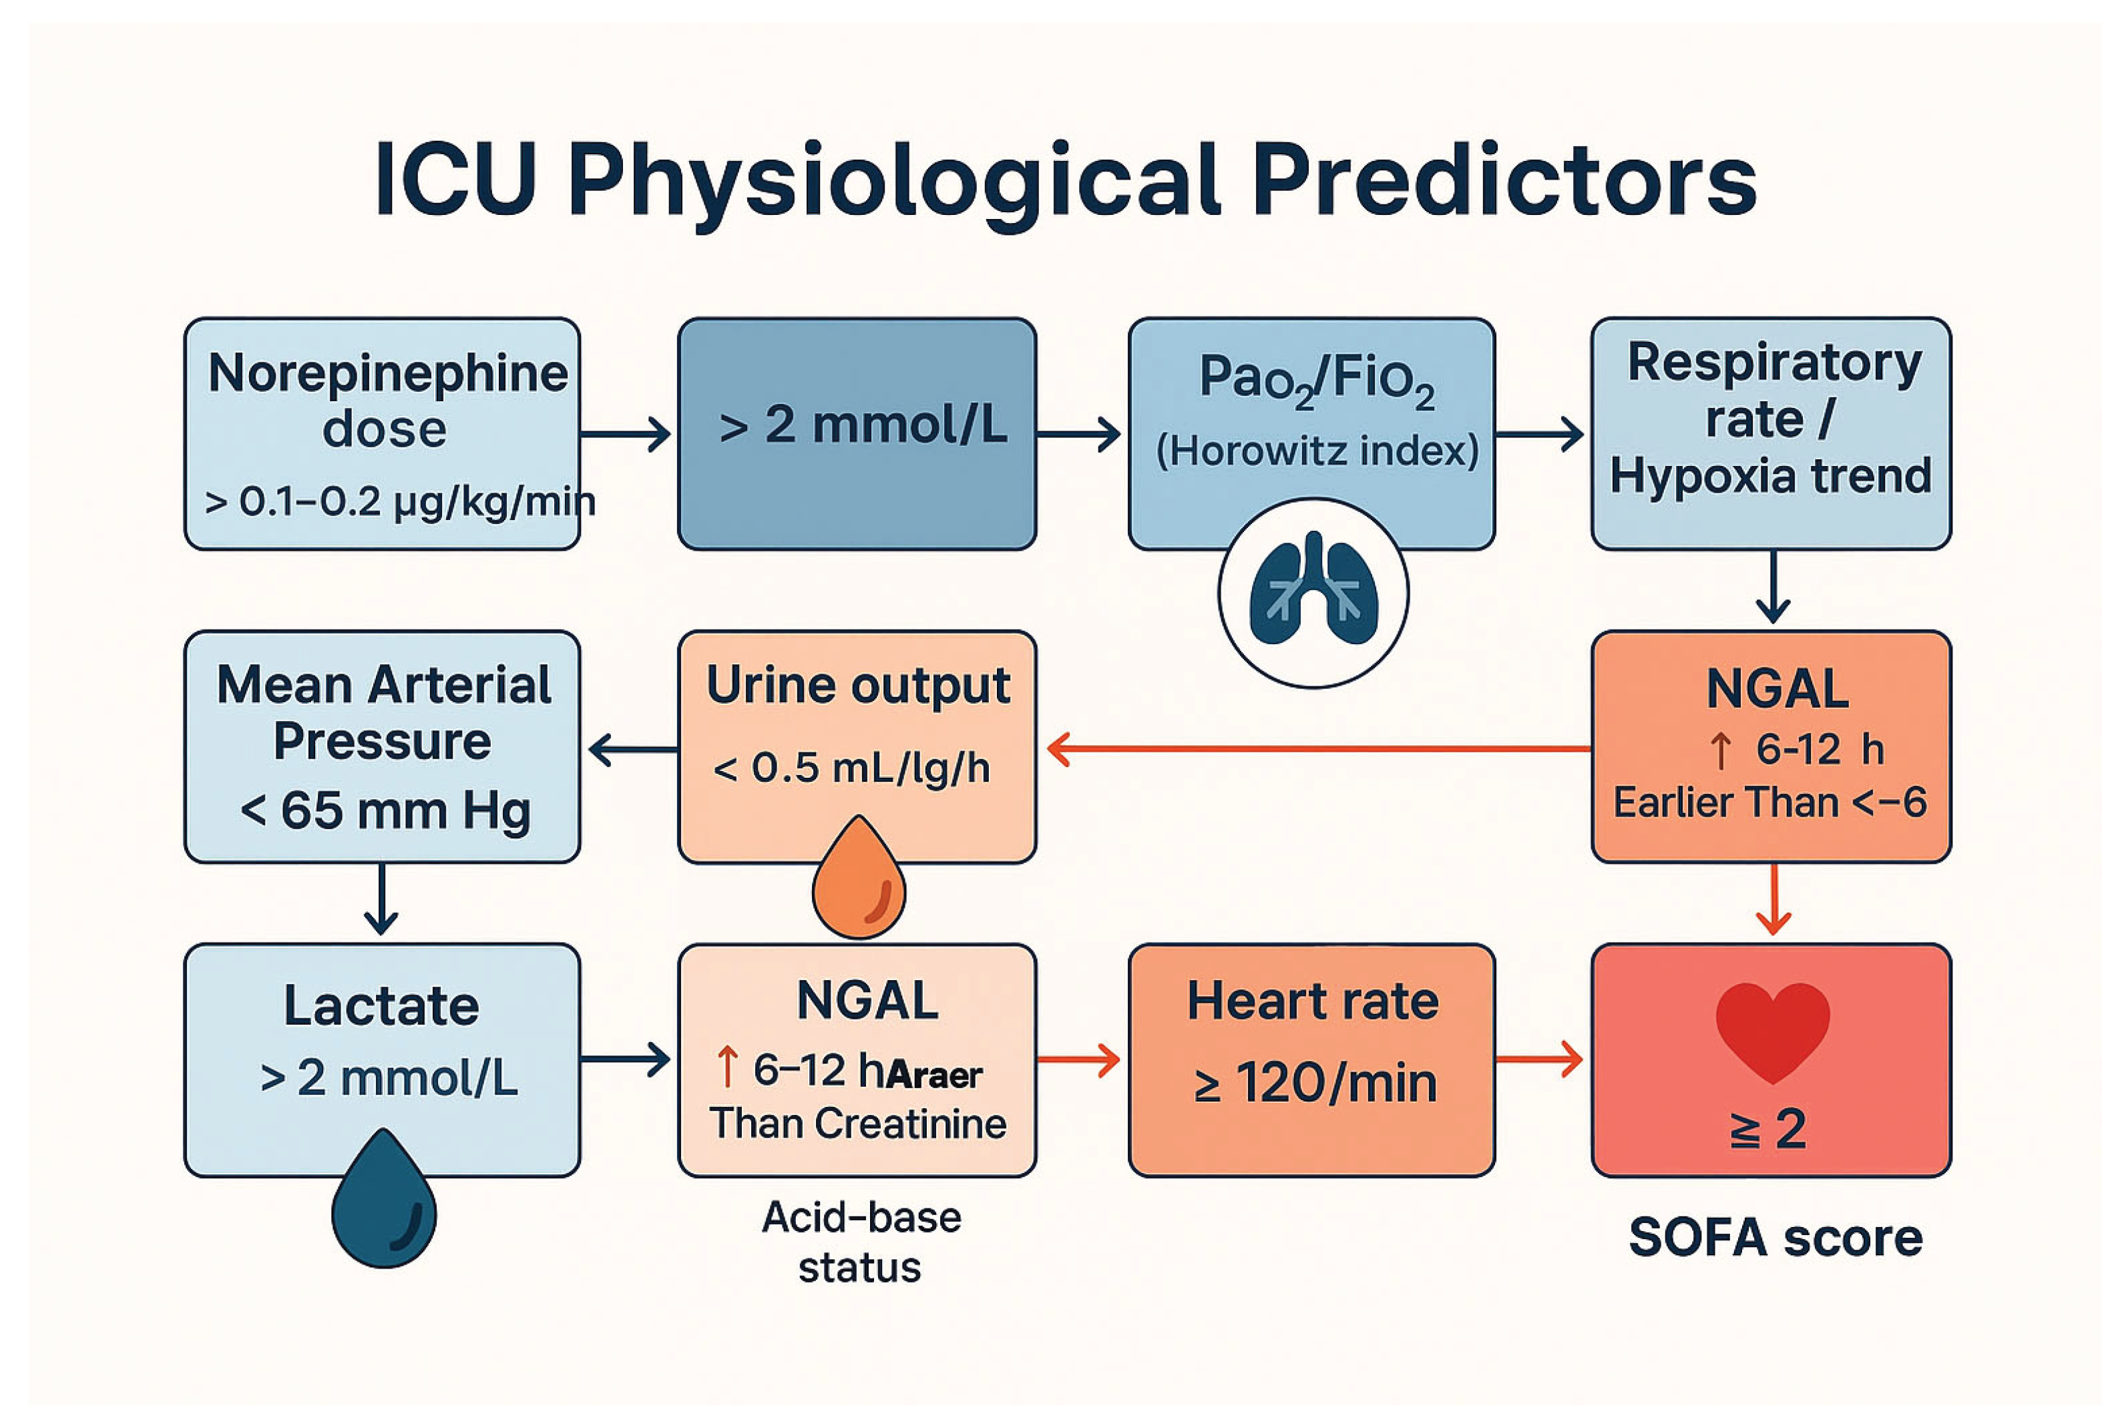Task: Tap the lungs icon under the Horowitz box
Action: pos(1313,592)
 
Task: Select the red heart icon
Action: pos(1773,1031)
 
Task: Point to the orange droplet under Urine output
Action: pos(858,877)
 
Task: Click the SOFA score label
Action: pos(1775,1237)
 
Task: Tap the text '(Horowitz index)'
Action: pos(1317,450)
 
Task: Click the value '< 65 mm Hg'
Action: pos(385,809)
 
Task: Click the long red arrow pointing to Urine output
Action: pos(1319,748)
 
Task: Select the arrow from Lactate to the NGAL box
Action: pos(625,1059)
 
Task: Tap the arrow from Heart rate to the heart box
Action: pos(1538,1059)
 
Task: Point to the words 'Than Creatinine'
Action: pos(857,1124)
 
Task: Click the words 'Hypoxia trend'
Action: pos(1771,475)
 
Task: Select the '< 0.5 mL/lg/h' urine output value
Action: pos(851,768)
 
